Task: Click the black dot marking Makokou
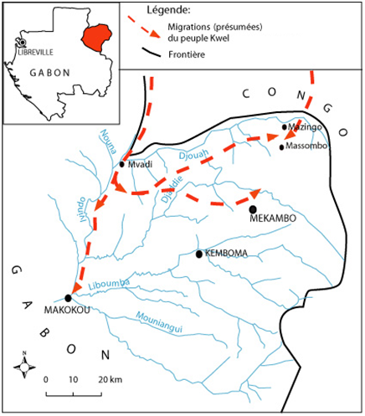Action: click(x=68, y=298)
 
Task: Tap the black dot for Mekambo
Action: click(x=253, y=209)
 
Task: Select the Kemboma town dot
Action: click(x=198, y=254)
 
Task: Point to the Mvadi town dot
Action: click(x=121, y=164)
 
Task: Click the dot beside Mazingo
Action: click(x=284, y=127)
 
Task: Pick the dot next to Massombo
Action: click(x=281, y=147)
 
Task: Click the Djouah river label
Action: click(x=193, y=154)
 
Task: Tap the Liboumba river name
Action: click(x=109, y=284)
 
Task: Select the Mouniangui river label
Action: click(x=159, y=322)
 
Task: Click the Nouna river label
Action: click(x=108, y=141)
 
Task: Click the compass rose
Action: click(x=24, y=367)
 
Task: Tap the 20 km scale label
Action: click(x=110, y=379)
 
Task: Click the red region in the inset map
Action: click(x=96, y=38)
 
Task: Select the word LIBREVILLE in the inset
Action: click(x=35, y=52)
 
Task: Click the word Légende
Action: click(x=168, y=10)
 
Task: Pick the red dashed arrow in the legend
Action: click(x=144, y=27)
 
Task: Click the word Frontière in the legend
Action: click(x=187, y=54)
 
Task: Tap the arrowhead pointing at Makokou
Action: click(x=76, y=288)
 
